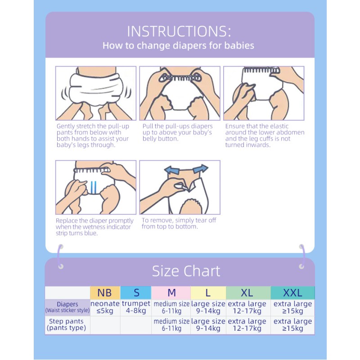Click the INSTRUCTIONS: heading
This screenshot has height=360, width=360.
pyautogui.click(x=179, y=31)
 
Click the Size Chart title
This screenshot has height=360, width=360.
pyautogui.click(x=186, y=271)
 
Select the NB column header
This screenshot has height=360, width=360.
pyautogui.click(x=104, y=293)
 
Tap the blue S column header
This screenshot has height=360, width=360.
pyautogui.click(x=136, y=293)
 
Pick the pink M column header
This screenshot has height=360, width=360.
pyautogui.click(x=171, y=293)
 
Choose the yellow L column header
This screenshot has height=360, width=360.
pyautogui.click(x=208, y=293)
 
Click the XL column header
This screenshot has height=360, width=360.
pyautogui.click(x=247, y=293)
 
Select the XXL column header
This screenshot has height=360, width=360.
pyautogui.click(x=292, y=293)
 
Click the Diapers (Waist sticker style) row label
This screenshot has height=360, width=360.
pyautogui.click(x=67, y=307)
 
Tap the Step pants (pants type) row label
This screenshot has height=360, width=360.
pyautogui.click(x=67, y=324)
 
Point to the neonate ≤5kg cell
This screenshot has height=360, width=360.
pyautogui.click(x=105, y=307)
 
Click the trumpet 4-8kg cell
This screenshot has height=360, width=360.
pyautogui.click(x=136, y=307)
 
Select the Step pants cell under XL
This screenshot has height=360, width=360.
pyautogui.click(x=247, y=325)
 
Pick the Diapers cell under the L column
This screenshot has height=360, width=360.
pyautogui.click(x=208, y=307)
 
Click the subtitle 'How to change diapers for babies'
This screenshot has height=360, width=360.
pyautogui.click(x=178, y=45)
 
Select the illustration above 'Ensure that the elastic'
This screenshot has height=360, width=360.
pyautogui.click(x=264, y=93)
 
